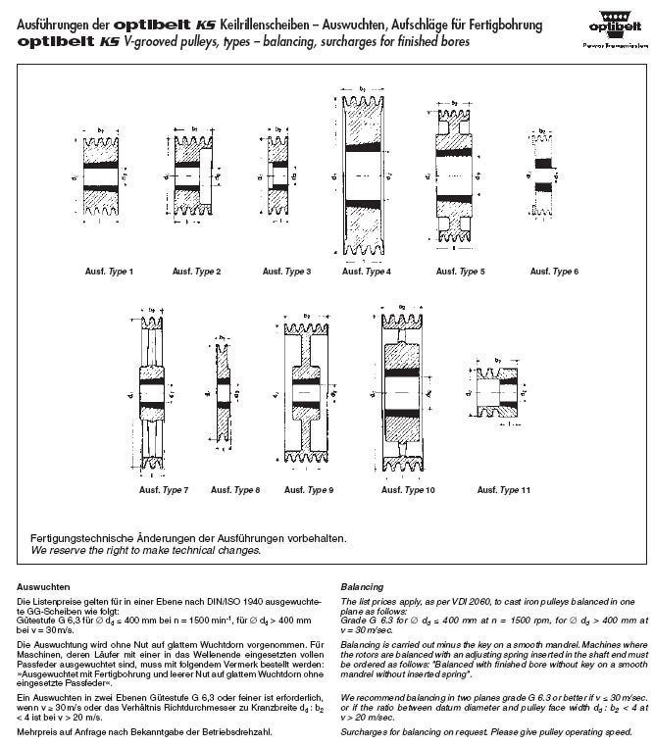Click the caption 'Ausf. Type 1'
click(109, 271)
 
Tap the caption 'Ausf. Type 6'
click(555, 271)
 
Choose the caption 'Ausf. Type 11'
click(504, 489)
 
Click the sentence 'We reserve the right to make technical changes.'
click(146, 551)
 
